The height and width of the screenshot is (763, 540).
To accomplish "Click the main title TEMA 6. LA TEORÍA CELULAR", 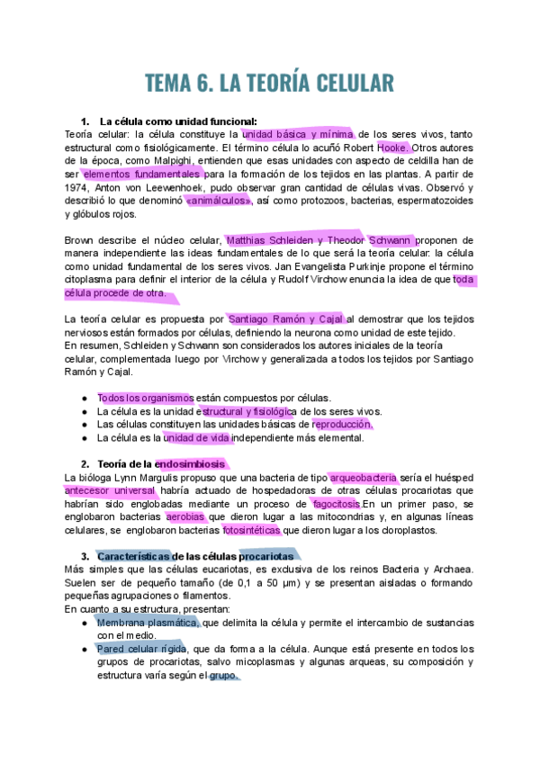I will (x=269, y=83).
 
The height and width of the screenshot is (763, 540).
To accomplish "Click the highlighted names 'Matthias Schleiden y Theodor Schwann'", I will (x=320, y=240).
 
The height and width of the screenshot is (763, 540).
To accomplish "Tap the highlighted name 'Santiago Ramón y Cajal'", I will (x=285, y=319).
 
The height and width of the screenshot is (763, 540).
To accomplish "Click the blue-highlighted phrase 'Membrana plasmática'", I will (x=148, y=622).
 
